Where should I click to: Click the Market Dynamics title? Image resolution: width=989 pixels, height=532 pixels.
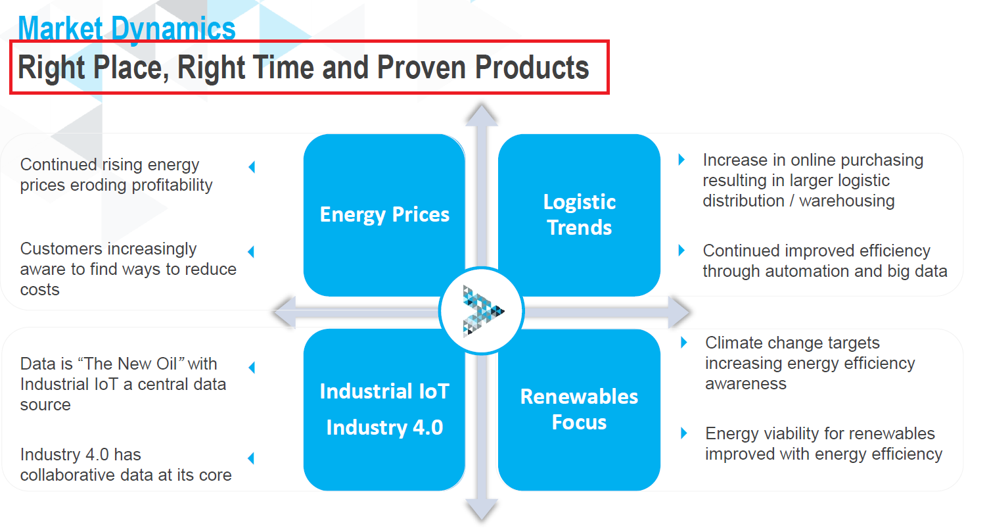click(127, 28)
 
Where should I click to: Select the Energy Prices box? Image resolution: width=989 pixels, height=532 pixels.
click(384, 215)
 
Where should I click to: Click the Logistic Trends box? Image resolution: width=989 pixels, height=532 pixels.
click(580, 215)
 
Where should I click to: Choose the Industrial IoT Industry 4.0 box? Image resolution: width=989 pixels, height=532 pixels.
click(384, 410)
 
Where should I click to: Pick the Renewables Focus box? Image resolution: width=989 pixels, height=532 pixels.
click(580, 410)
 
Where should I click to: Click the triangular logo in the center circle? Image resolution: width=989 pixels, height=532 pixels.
click(483, 311)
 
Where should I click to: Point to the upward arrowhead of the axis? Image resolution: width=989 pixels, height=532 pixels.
click(482, 115)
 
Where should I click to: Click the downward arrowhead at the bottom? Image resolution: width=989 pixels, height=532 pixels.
click(482, 510)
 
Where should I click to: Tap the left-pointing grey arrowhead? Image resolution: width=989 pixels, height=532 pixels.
click(285, 312)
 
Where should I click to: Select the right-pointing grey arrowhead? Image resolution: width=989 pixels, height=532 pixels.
click(679, 312)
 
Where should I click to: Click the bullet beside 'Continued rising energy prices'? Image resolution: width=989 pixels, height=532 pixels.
click(252, 167)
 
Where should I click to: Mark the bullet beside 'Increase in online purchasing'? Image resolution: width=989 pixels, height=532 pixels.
click(681, 160)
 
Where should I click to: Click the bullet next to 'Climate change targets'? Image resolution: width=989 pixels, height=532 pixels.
click(684, 343)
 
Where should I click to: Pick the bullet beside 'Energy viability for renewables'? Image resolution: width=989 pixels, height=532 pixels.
click(684, 433)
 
